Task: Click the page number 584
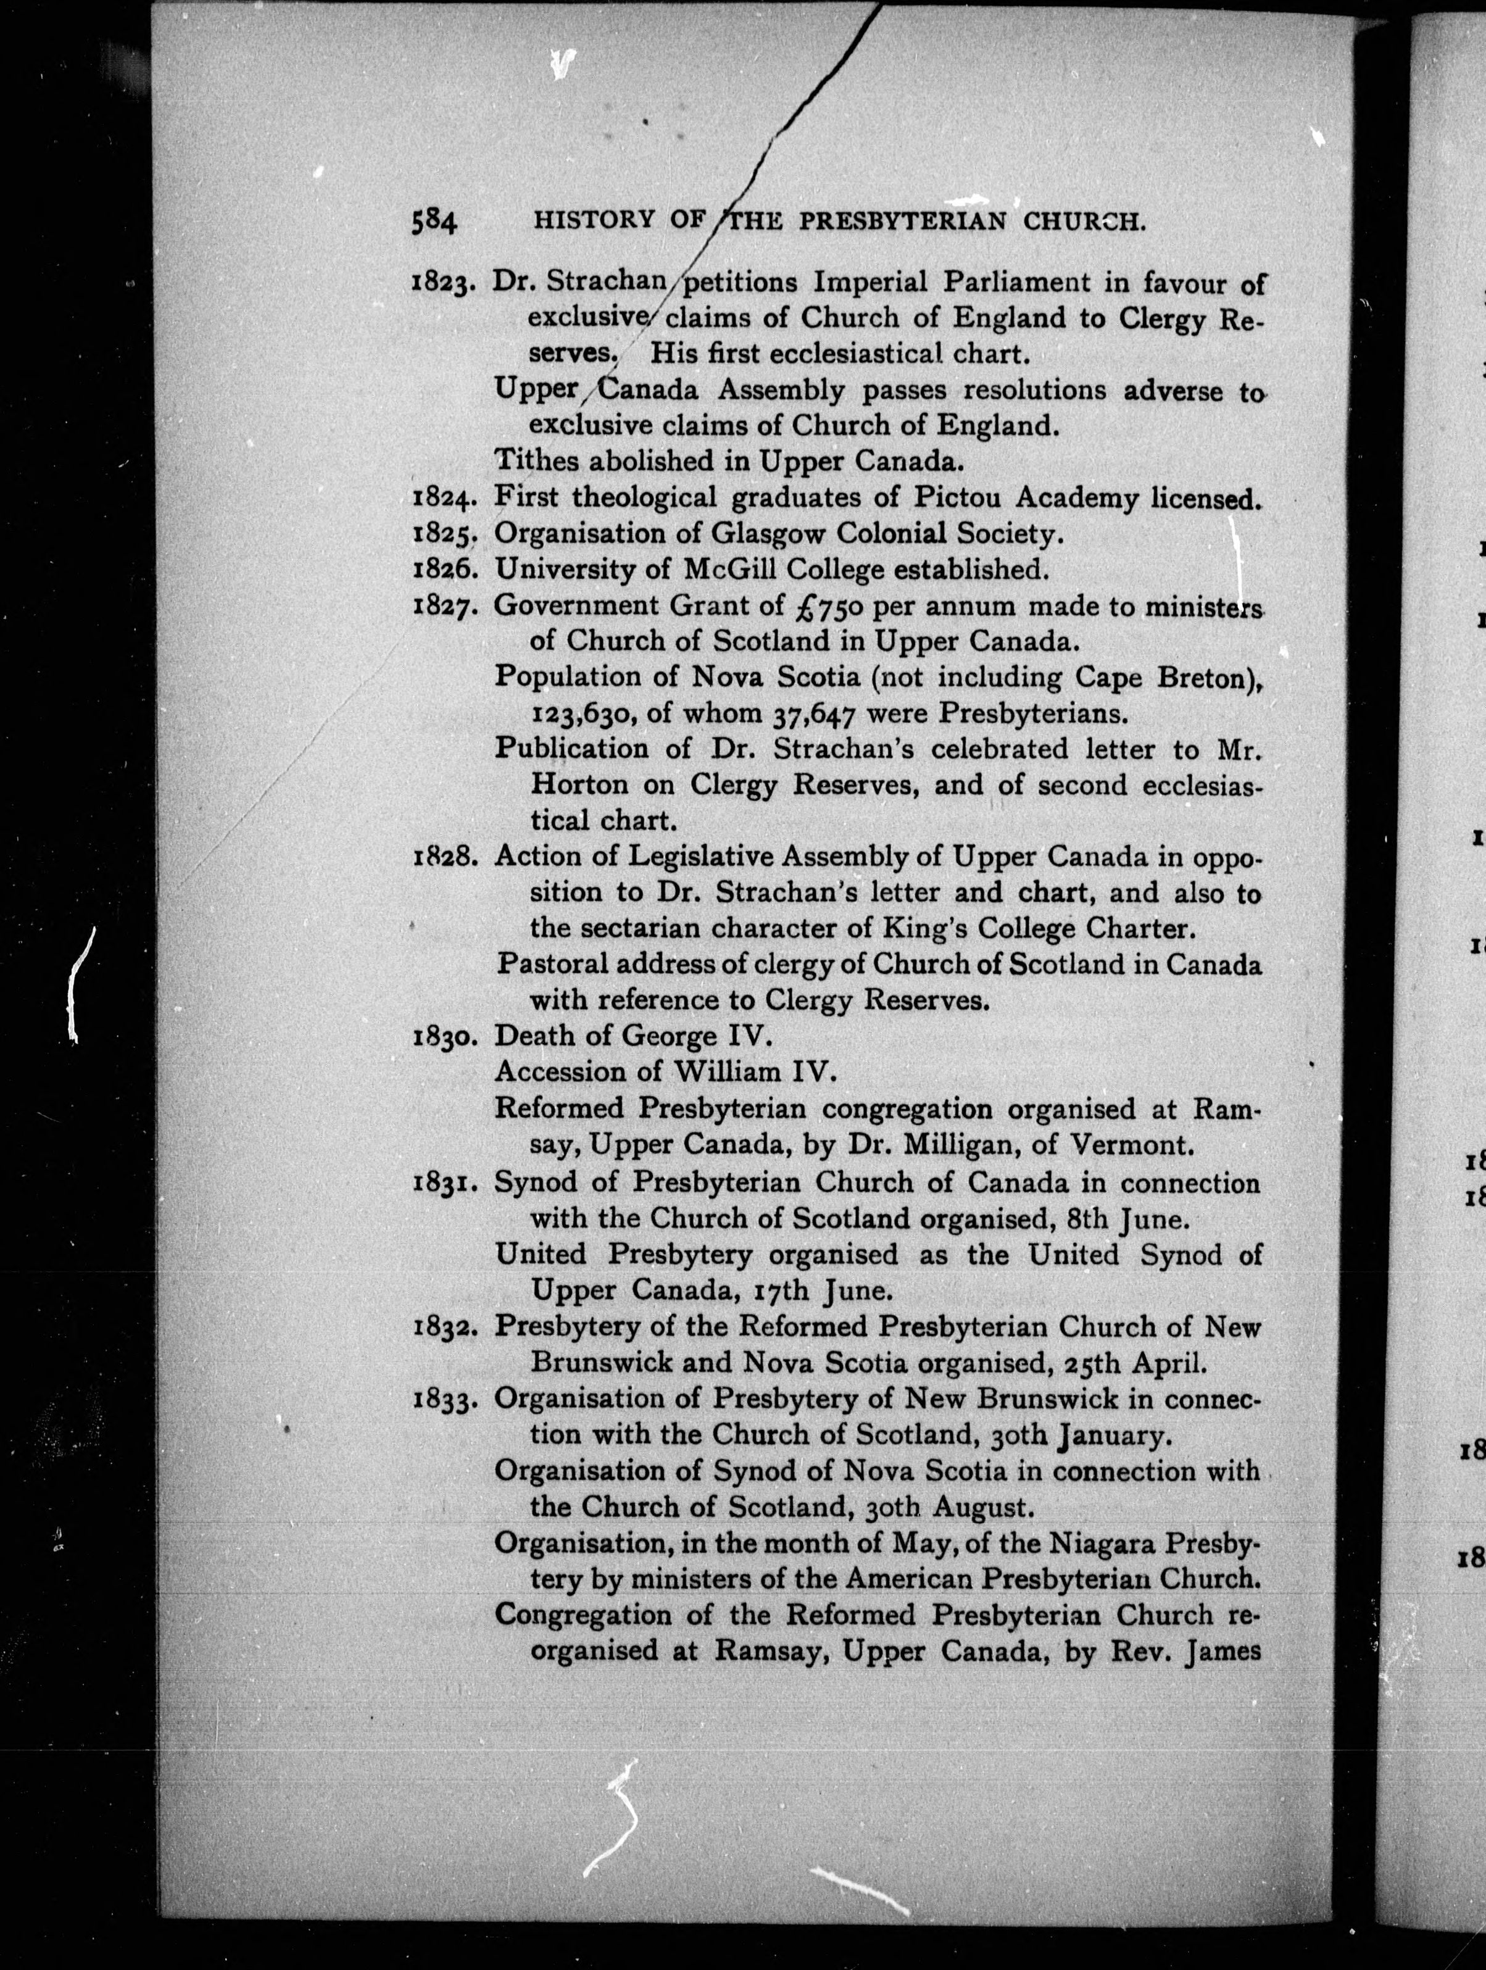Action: click(434, 221)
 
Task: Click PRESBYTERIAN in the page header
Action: click(902, 222)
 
